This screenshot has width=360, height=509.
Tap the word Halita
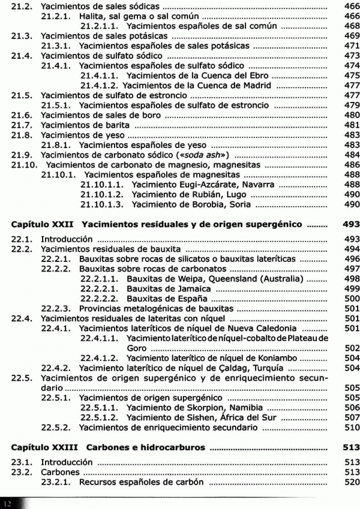coord(93,16)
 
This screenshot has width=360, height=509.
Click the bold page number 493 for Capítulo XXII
coord(352,225)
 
